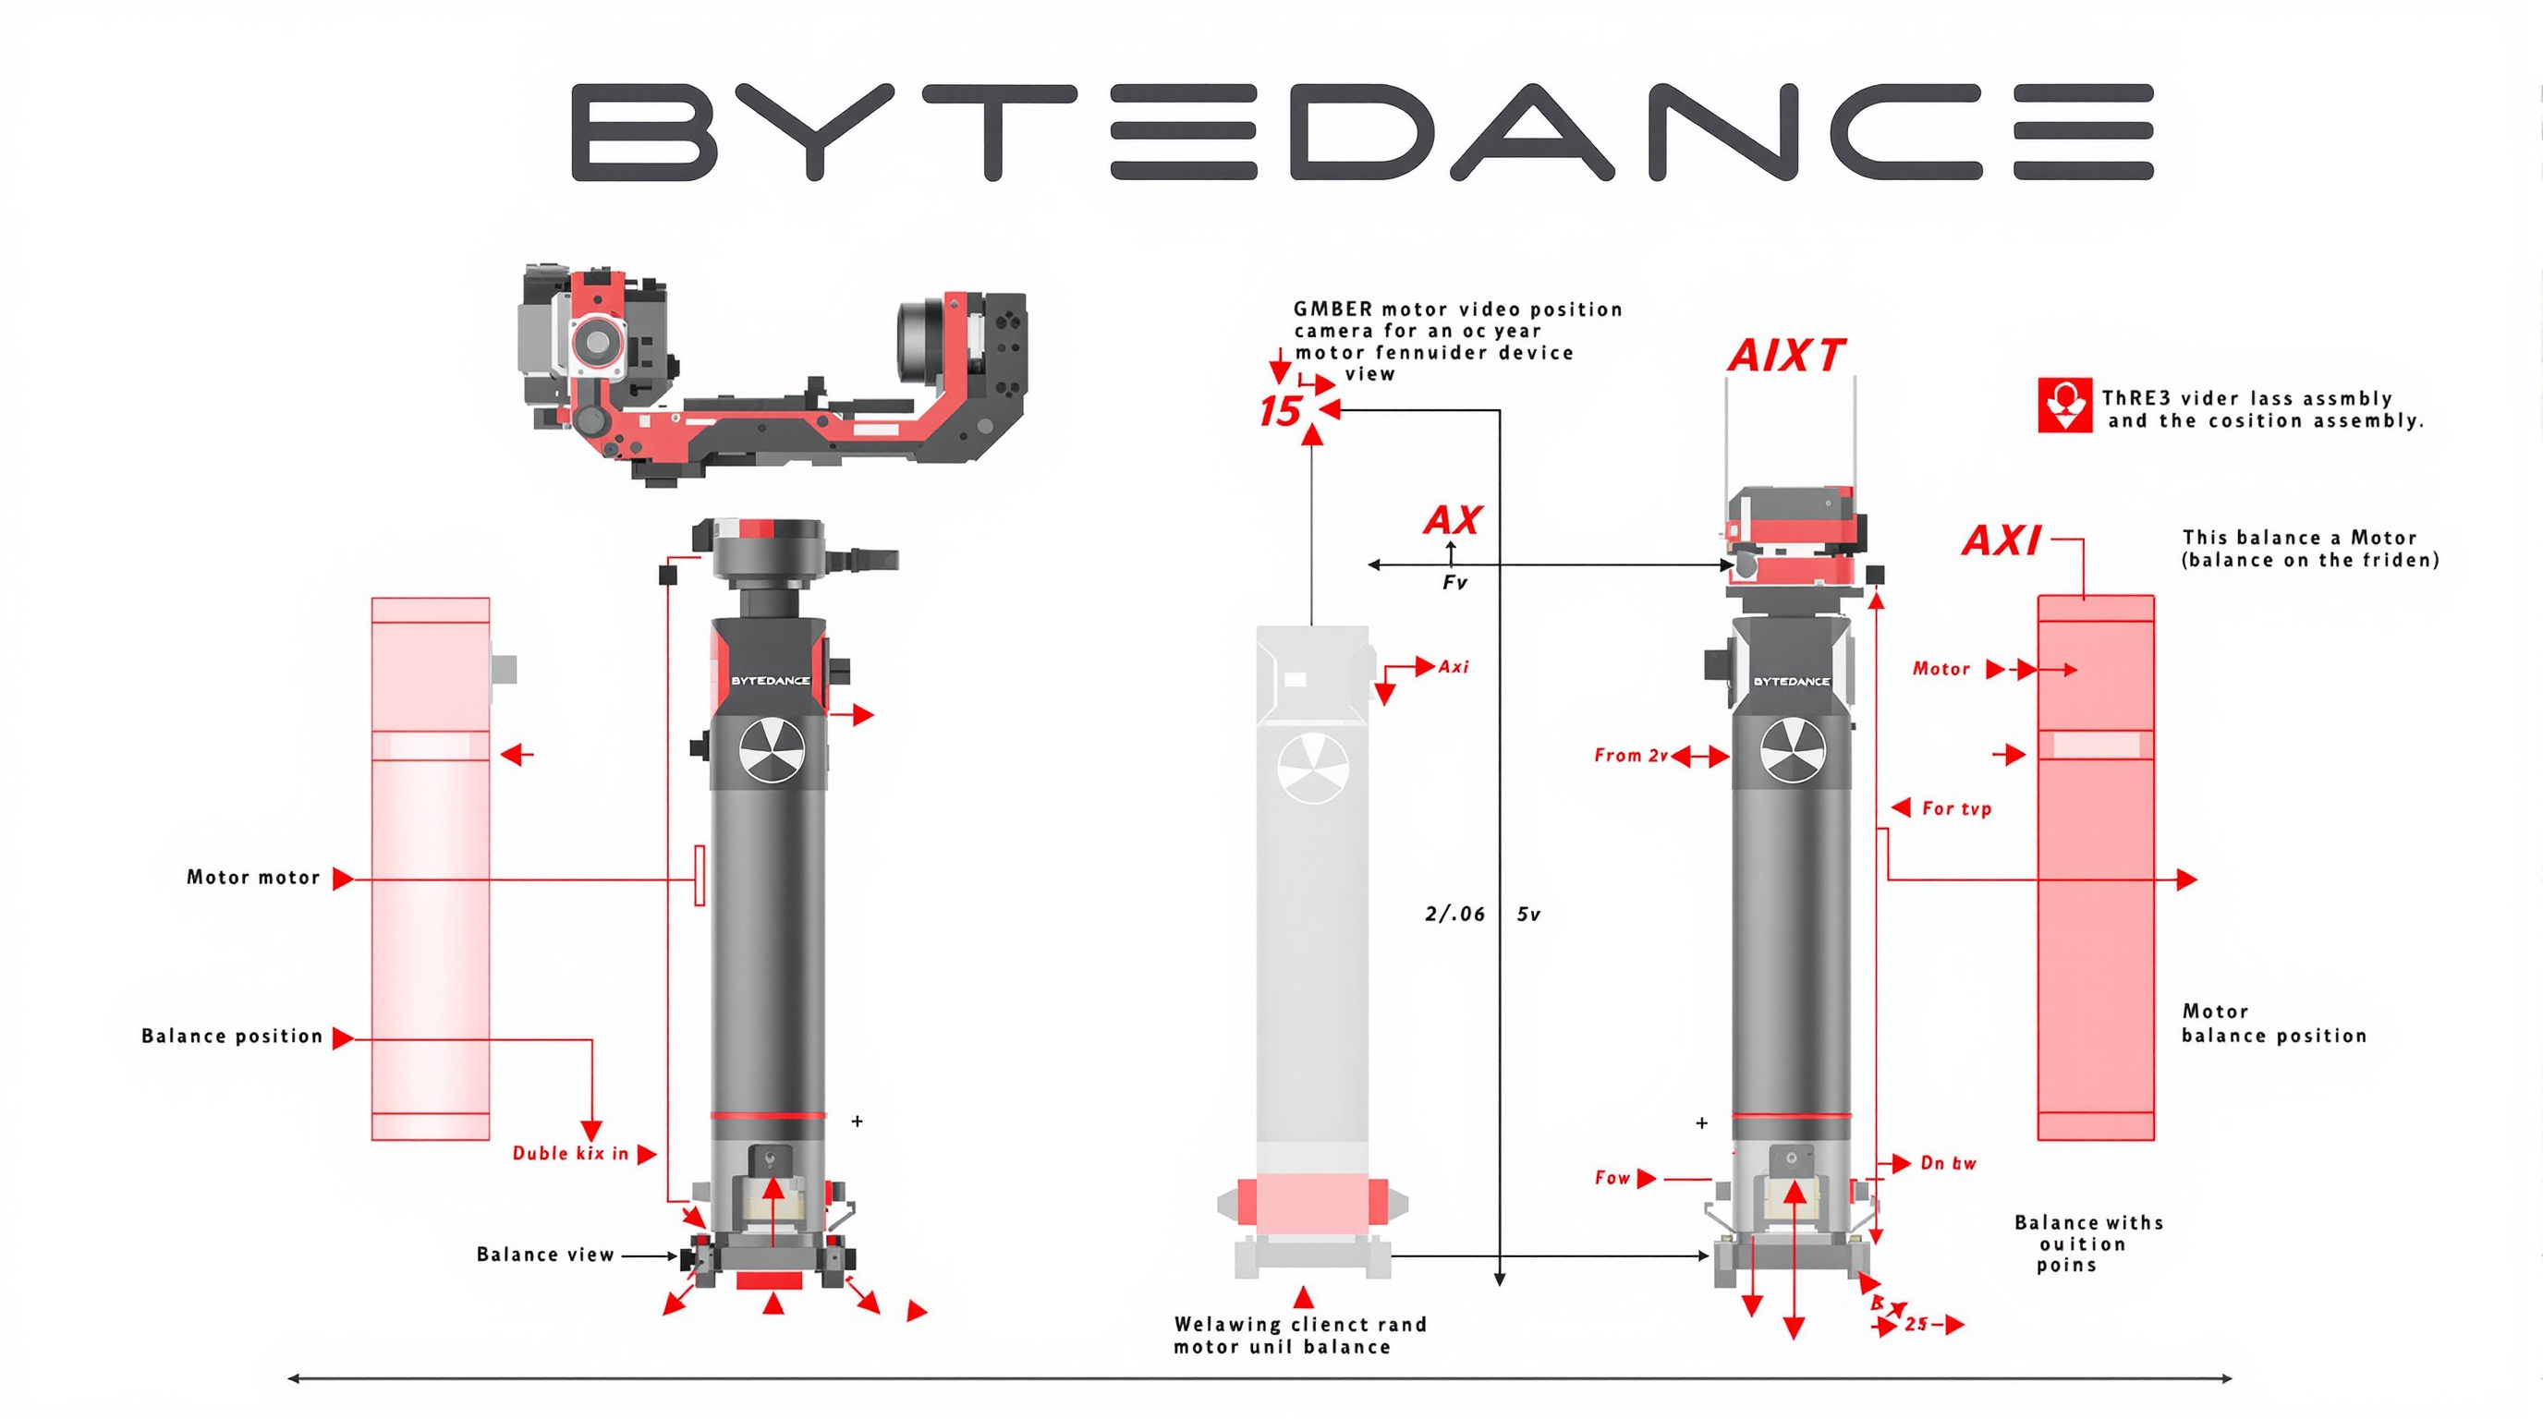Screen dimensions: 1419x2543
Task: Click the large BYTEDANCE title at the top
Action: (x=1362, y=131)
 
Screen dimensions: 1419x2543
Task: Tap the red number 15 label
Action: (x=1280, y=410)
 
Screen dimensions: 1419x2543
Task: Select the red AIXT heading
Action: (x=1786, y=356)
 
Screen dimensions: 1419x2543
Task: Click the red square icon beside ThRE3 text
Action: (x=2064, y=405)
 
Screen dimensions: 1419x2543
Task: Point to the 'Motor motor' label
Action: (x=252, y=878)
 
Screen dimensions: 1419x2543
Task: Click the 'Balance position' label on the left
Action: (x=232, y=1037)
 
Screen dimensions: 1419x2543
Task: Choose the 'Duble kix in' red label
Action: (x=569, y=1154)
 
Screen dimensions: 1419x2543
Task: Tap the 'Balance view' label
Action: (x=545, y=1255)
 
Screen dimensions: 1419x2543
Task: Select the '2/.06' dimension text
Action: (x=1454, y=914)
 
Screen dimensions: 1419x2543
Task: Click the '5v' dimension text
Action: (x=1528, y=914)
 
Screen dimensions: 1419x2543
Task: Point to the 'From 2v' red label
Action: (x=1630, y=755)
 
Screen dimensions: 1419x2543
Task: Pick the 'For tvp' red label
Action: (x=1955, y=808)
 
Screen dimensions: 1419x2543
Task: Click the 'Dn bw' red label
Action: (x=1948, y=1162)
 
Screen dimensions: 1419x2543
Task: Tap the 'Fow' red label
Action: (x=1612, y=1177)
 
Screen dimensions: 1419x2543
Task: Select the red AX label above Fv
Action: (x=1453, y=520)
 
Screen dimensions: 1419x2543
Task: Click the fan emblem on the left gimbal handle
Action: (x=772, y=750)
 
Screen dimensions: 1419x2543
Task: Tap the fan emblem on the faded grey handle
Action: (x=1313, y=767)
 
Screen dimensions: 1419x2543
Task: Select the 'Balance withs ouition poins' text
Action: (x=2088, y=1243)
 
